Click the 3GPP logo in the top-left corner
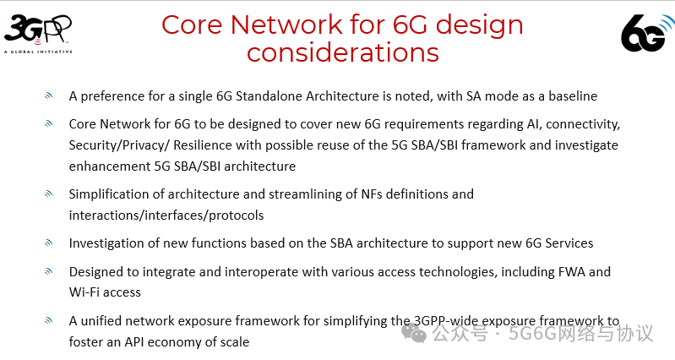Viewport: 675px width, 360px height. tap(38, 32)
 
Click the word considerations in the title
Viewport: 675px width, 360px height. tap(342, 52)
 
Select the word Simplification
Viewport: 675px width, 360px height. tap(111, 194)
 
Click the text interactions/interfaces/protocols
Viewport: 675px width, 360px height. tap(166, 215)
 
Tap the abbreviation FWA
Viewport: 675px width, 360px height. tap(588, 272)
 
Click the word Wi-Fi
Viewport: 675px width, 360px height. tap(86, 292)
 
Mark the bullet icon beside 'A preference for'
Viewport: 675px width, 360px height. tap(49, 96)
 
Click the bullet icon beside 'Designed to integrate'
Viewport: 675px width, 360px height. tap(49, 272)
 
